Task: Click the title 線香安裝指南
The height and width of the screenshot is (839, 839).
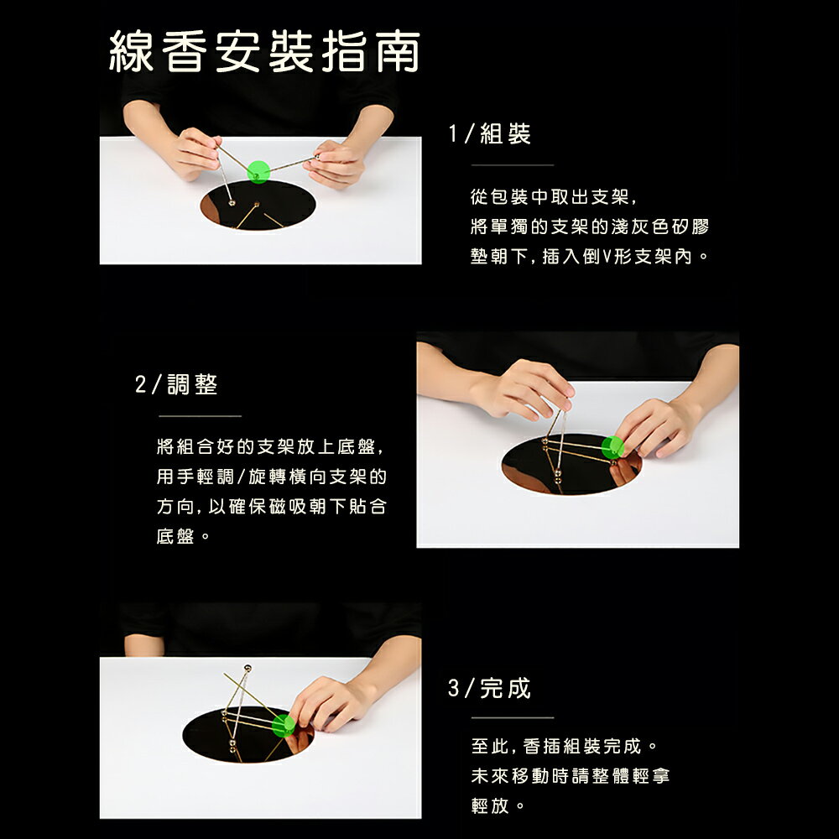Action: (x=265, y=53)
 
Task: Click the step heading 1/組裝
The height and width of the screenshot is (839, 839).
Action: (x=490, y=134)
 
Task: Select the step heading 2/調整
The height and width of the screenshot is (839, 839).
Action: (x=177, y=385)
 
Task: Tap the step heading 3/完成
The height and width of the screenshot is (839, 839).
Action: (x=490, y=689)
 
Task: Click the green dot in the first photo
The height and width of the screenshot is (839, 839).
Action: (x=259, y=171)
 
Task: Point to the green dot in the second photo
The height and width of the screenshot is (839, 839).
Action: (x=612, y=447)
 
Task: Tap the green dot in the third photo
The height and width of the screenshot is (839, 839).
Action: (x=284, y=725)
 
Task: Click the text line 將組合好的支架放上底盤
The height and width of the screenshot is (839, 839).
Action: (x=270, y=447)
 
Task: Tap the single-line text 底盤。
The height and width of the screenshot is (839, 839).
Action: (x=183, y=535)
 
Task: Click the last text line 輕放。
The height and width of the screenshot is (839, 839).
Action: (x=498, y=806)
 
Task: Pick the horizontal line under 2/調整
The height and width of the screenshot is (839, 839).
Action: (x=200, y=415)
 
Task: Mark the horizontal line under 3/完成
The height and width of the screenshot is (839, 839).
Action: (x=512, y=717)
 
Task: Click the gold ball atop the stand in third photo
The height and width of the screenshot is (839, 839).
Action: (x=247, y=669)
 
